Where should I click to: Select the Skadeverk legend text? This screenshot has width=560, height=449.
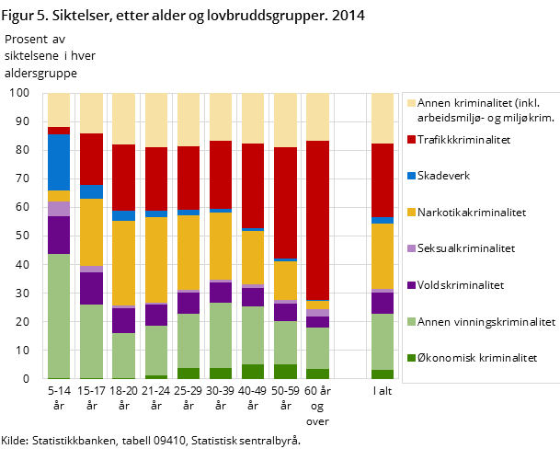pyautogui.click(x=444, y=176)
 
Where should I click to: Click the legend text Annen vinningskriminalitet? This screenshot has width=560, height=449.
pyautogui.click(x=486, y=322)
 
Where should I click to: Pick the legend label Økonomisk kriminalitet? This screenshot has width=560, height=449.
pyautogui.click(x=476, y=358)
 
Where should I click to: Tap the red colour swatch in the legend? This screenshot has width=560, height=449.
pyautogui.click(x=411, y=140)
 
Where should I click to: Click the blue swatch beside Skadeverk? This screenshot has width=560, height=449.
pyautogui.click(x=411, y=176)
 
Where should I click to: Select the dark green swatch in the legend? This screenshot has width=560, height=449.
pyautogui.click(x=411, y=358)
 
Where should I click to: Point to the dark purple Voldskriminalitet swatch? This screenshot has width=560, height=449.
pyautogui.click(x=411, y=285)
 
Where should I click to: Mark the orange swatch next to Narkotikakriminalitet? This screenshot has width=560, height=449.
pyautogui.click(x=411, y=213)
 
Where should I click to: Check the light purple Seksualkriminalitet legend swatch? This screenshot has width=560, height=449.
pyautogui.click(x=411, y=248)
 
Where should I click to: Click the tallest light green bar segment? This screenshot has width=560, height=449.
pyautogui.click(x=59, y=316)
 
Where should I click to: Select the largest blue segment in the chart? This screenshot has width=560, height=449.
pyautogui.click(x=59, y=162)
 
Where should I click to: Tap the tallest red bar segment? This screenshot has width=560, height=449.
pyautogui.click(x=317, y=220)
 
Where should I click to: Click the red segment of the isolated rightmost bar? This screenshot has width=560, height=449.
pyautogui.click(x=382, y=180)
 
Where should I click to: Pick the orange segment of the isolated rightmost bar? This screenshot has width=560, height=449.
pyautogui.click(x=382, y=256)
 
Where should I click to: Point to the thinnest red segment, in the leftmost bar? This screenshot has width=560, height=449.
pyautogui.click(x=59, y=131)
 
